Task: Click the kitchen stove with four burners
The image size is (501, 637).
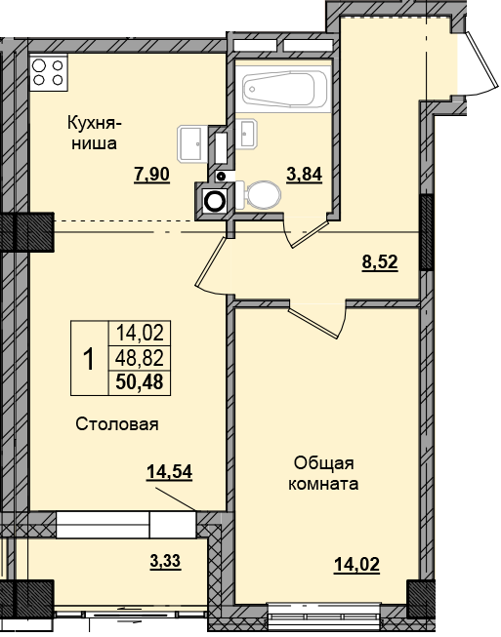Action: [48, 73]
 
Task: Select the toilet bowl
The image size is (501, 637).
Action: [259, 196]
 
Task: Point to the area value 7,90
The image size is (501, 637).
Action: [151, 175]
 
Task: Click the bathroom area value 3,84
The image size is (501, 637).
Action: [303, 175]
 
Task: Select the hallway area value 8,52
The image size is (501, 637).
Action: [381, 261]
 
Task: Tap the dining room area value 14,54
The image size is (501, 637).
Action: [169, 472]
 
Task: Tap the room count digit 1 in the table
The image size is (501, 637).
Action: [88, 359]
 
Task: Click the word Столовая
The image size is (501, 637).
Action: [117, 424]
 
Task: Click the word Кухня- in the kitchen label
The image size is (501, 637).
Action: [93, 123]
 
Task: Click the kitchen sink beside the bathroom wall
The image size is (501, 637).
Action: [190, 143]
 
